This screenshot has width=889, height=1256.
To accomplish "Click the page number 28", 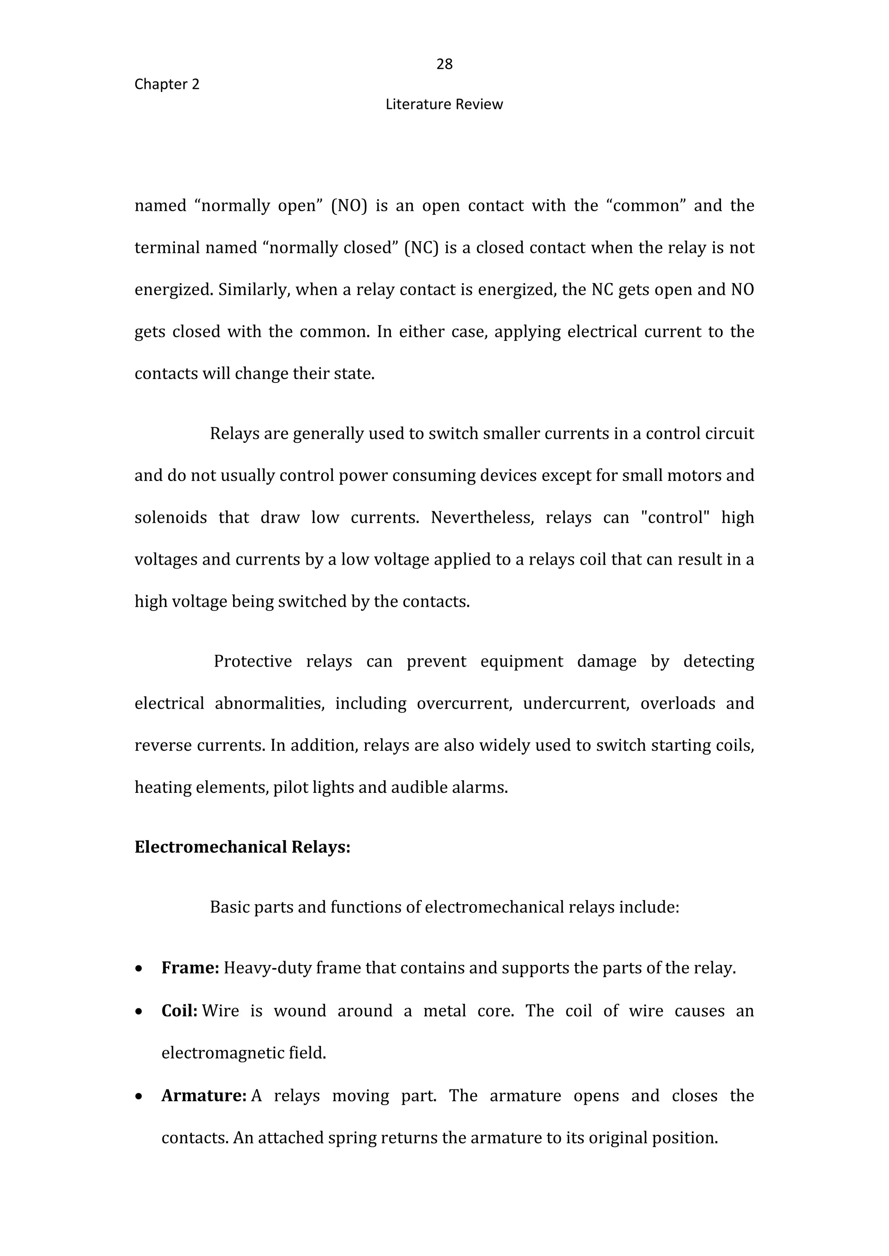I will click(x=444, y=65).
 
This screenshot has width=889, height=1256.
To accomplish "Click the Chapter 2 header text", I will click(x=167, y=84).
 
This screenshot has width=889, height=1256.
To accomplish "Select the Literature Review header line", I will click(x=444, y=105).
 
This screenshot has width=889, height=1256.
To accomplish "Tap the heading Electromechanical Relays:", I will click(x=242, y=847).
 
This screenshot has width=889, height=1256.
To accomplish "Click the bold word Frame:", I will click(x=190, y=968).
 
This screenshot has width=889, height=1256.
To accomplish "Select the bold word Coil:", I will click(x=179, y=1011).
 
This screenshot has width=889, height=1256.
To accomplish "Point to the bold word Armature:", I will click(x=204, y=1096).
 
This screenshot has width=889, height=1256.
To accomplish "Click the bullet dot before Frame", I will click(x=140, y=969).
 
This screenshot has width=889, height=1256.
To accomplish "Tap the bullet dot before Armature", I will click(x=140, y=1097).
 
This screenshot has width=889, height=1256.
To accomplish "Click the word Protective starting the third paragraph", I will click(x=252, y=661).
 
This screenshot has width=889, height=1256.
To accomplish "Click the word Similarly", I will click(x=254, y=290).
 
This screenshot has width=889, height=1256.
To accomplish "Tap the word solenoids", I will click(x=171, y=517).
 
